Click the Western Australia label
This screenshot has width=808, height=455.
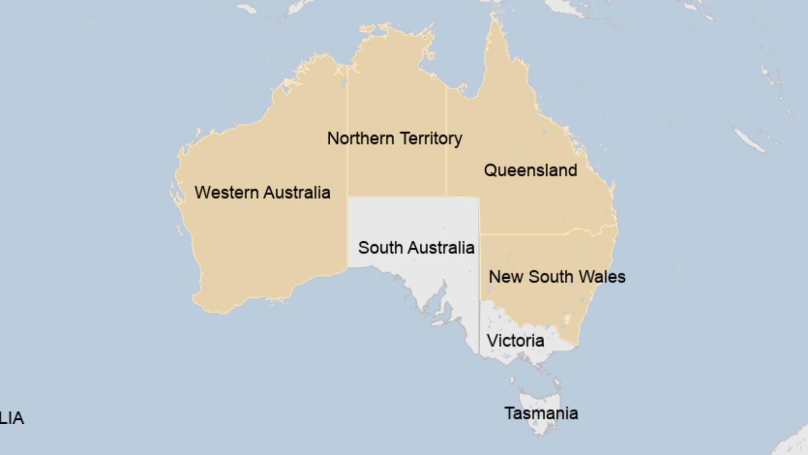click(x=262, y=192)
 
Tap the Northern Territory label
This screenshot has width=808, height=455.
click(x=395, y=138)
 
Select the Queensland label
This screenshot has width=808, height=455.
click(x=530, y=171)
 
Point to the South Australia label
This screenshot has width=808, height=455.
click(x=416, y=247)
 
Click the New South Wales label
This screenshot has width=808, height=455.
click(x=557, y=277)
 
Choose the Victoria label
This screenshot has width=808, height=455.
click(x=515, y=341)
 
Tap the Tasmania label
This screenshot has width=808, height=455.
click(x=541, y=413)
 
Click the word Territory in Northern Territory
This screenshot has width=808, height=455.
click(x=431, y=138)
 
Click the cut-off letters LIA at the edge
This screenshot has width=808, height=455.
click(x=11, y=418)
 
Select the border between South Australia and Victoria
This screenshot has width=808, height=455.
click(x=479, y=327)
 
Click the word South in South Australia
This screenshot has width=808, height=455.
click(x=378, y=247)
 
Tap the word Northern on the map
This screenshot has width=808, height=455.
click(x=360, y=138)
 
